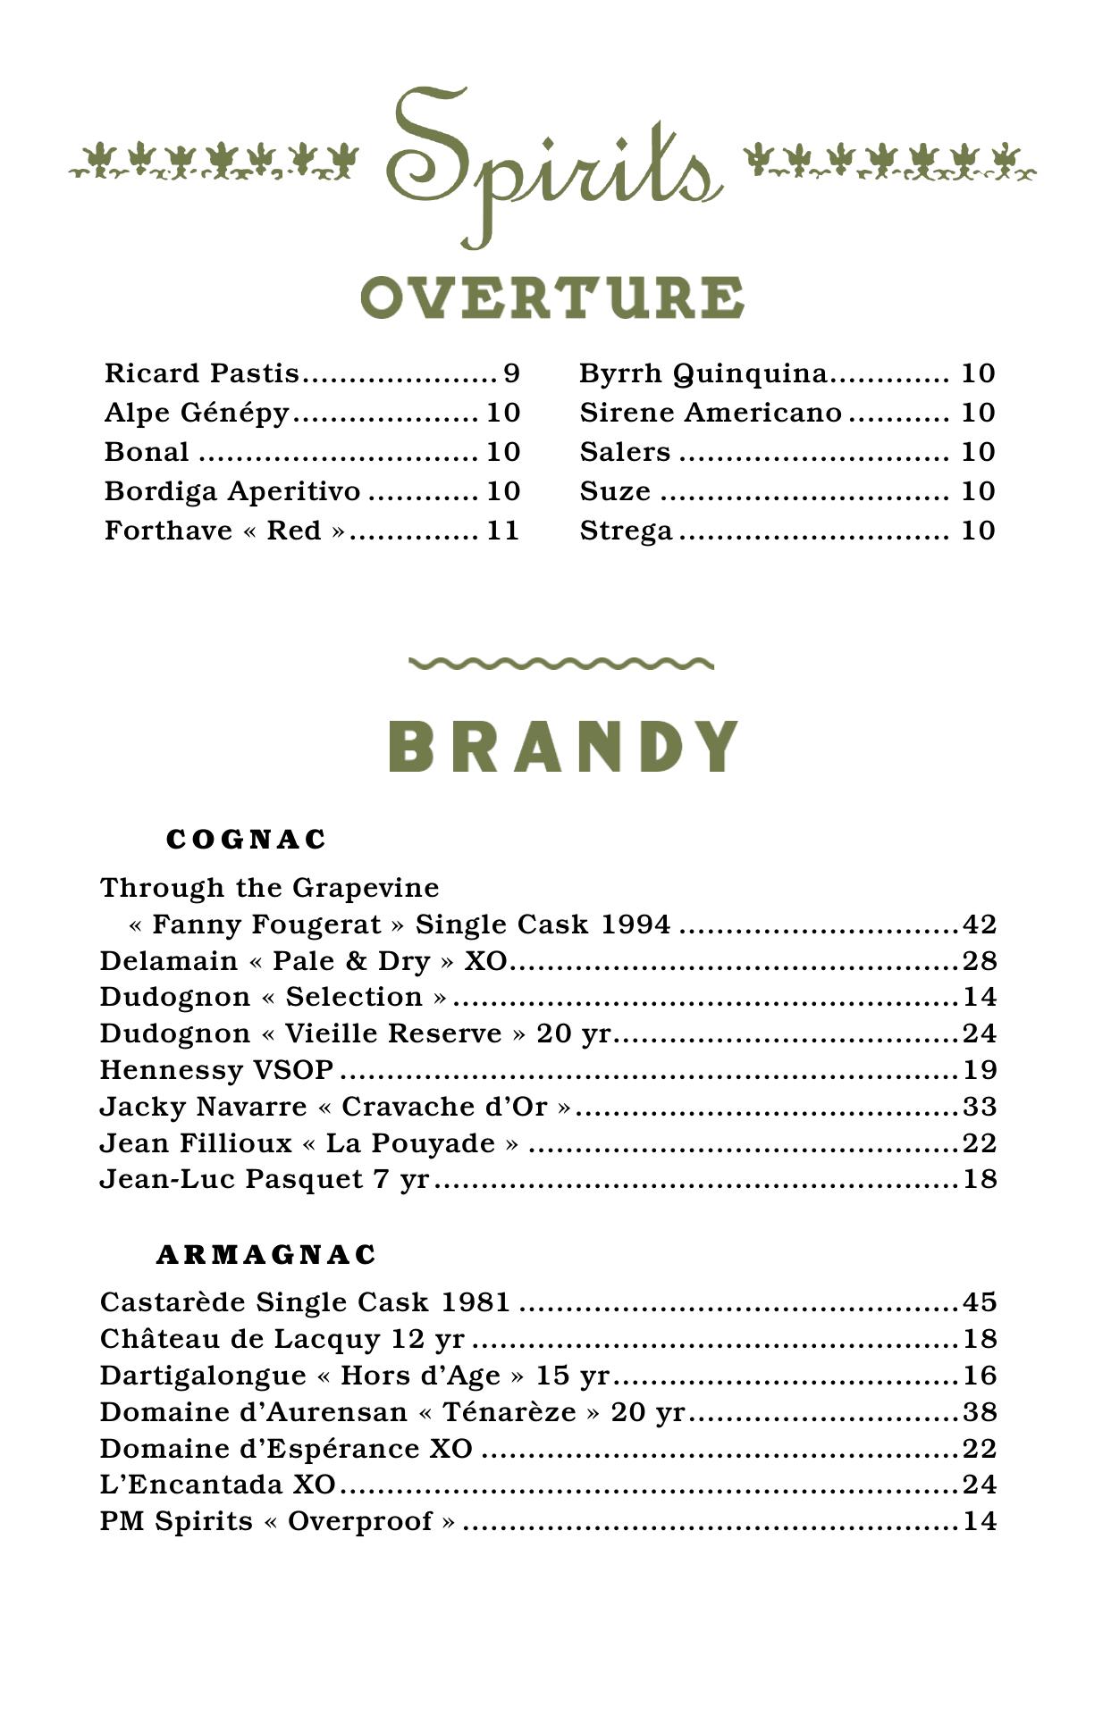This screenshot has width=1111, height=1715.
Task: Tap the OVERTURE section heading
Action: (x=552, y=297)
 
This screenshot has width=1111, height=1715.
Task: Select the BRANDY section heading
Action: (x=563, y=746)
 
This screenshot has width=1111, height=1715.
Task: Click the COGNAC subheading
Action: (x=247, y=840)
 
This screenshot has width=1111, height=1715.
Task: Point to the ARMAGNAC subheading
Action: (x=266, y=1255)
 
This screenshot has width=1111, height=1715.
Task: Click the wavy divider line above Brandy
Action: (x=560, y=664)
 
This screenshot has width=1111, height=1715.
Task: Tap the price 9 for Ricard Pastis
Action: (x=511, y=373)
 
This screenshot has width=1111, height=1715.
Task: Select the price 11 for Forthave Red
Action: (x=502, y=531)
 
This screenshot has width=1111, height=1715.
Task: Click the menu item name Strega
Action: (x=626, y=531)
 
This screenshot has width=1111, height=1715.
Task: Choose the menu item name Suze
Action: (x=615, y=491)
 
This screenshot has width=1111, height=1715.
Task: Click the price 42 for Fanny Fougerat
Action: (x=979, y=924)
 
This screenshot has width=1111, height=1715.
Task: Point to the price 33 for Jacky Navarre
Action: (x=979, y=1107)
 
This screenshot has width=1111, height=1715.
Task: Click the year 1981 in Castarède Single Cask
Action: (x=475, y=1302)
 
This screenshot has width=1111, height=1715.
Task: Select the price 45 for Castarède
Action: (x=979, y=1302)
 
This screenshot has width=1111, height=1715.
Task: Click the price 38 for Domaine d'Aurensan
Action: (x=979, y=1412)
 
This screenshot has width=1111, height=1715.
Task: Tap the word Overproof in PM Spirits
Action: (x=360, y=1521)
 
